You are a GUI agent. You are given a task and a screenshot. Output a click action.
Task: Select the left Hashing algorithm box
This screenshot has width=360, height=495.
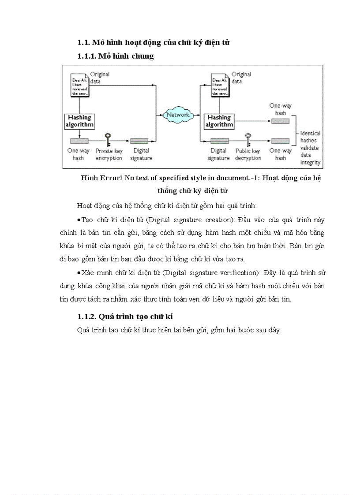pyautogui.click(x=80, y=121)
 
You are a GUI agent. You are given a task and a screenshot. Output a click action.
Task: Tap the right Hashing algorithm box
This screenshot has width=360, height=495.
pyautogui.click(x=219, y=121)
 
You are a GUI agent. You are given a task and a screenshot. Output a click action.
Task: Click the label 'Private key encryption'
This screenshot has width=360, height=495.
pyautogui.click(x=109, y=155)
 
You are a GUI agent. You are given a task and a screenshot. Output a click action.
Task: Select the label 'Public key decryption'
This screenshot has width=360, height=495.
pyautogui.click(x=248, y=155)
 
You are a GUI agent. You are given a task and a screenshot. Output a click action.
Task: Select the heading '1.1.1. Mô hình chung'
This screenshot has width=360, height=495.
pyautogui.click(x=116, y=56)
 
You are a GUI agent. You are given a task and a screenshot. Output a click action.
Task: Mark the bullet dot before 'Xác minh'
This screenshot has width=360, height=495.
pyautogui.click(x=79, y=273)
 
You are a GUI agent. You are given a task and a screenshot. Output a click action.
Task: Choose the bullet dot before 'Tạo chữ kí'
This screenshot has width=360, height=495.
pyautogui.click(x=79, y=220)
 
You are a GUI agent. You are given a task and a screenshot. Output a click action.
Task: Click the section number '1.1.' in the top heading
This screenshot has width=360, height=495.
pyautogui.click(x=84, y=43)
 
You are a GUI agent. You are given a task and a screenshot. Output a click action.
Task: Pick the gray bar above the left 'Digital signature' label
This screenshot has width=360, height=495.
pyautogui.click(x=139, y=141)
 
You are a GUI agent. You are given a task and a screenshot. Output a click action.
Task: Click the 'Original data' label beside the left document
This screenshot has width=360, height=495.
pyautogui.click(x=100, y=78)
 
